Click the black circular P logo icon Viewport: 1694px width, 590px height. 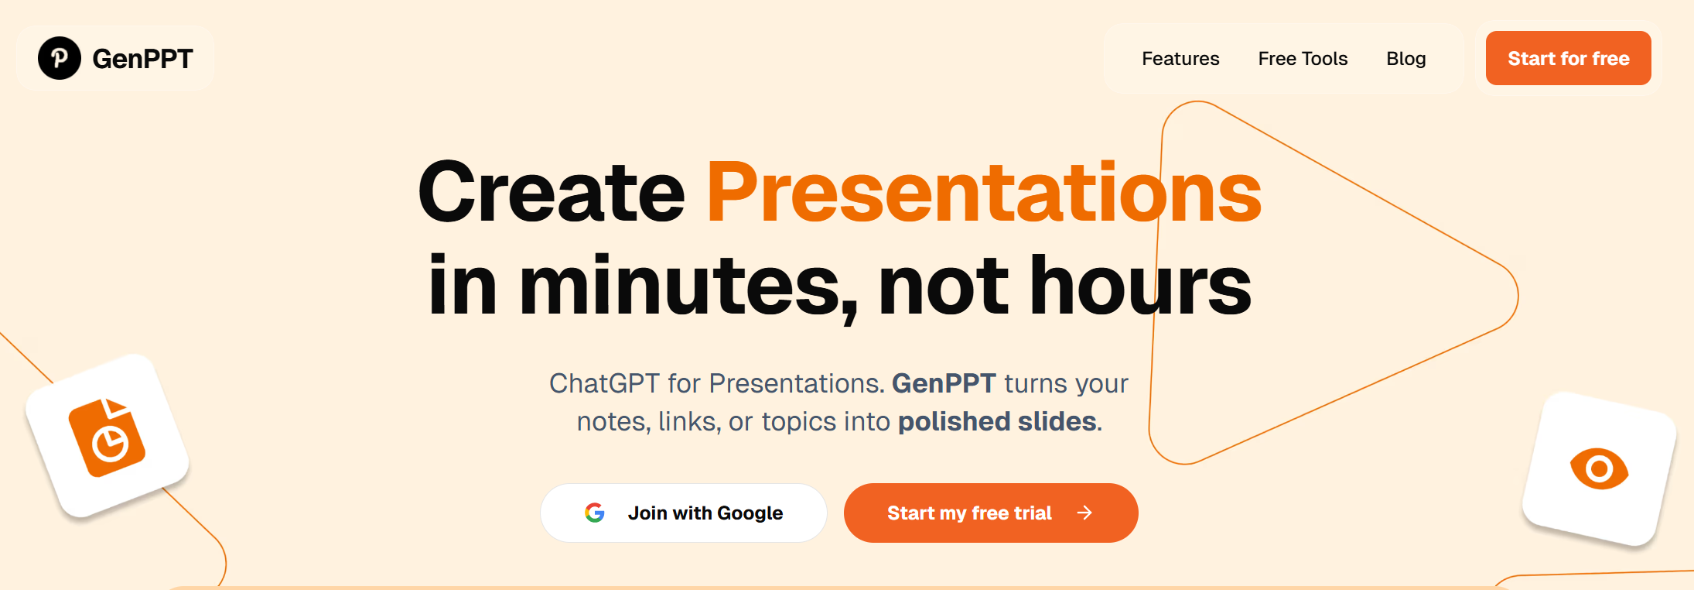coord(60,58)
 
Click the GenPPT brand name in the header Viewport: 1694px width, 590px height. coord(142,59)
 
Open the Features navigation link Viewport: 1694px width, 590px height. coord(1180,59)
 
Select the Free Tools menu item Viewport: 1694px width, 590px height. coord(1303,59)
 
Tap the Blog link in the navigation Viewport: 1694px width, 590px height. coord(1405,59)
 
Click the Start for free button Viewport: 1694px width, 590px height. coord(1568,58)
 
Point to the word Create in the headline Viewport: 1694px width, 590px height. coord(552,192)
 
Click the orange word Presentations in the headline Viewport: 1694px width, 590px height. coord(984,192)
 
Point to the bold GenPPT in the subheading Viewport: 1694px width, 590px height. coord(944,383)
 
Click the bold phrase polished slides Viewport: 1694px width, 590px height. coord(997,421)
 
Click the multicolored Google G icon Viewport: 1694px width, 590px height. coord(595,513)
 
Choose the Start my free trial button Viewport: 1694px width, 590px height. coord(969,513)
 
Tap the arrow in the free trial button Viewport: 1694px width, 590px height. coord(1085,513)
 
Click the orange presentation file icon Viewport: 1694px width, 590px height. coord(108,437)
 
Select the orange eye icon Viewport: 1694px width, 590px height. coord(1599,468)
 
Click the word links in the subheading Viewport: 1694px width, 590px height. coord(689,422)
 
